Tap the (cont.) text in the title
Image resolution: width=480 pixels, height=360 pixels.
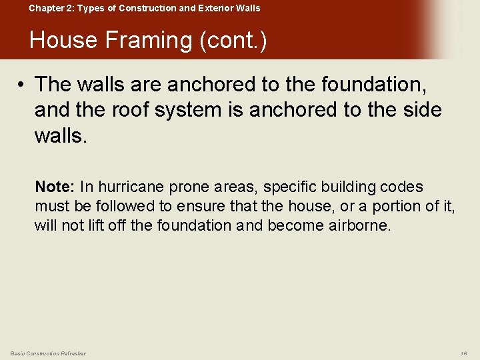(233, 41)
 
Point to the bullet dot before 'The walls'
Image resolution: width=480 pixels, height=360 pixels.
(22, 85)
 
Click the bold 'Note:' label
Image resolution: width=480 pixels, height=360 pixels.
(55, 187)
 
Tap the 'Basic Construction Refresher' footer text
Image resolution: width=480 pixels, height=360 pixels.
(48, 353)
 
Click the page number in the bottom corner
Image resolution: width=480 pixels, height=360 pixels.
(464, 353)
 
